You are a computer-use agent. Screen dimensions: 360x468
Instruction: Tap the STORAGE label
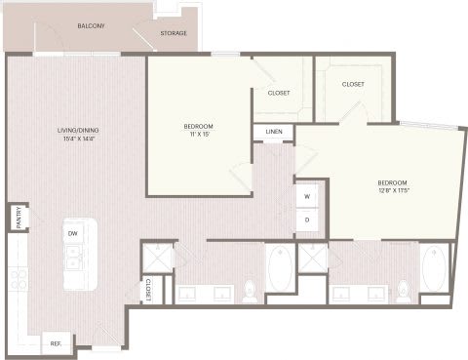(x=174, y=33)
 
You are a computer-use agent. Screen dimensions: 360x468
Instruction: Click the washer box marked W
(x=307, y=196)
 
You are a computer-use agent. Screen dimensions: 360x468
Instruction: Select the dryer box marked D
(x=307, y=220)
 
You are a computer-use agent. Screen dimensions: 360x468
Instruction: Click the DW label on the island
(x=73, y=234)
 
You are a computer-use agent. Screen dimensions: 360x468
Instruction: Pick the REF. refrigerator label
(x=56, y=343)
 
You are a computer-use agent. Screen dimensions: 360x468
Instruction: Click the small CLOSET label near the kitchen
(x=148, y=290)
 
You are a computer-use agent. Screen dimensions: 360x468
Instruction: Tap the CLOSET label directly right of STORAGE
(x=279, y=93)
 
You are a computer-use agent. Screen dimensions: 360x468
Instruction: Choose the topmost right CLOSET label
(x=353, y=84)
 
